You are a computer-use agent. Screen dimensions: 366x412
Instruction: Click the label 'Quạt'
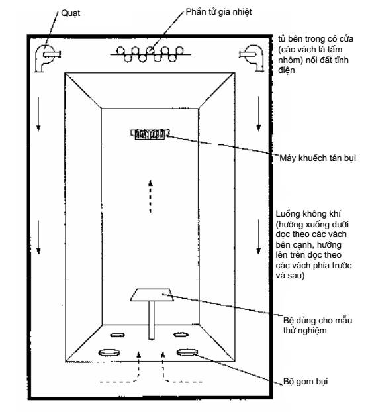click(70, 13)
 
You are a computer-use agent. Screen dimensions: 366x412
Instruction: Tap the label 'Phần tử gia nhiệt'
click(218, 12)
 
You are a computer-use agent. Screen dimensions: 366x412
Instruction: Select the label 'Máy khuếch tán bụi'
click(318, 158)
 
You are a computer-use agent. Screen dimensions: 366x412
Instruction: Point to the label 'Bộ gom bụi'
click(306, 382)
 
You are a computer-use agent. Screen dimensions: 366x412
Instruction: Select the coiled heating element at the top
click(150, 54)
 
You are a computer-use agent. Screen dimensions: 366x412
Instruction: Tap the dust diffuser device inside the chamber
click(150, 134)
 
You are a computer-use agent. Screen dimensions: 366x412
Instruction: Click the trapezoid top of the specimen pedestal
click(152, 295)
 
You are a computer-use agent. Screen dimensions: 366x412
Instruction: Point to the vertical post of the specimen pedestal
click(152, 320)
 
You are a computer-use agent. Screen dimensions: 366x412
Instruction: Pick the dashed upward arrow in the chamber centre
click(150, 196)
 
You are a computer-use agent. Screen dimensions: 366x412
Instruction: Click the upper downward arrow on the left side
click(38, 114)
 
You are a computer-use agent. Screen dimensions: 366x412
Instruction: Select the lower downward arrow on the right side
click(259, 236)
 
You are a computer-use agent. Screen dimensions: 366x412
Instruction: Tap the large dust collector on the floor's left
click(109, 352)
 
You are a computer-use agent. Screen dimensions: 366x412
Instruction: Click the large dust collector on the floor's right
click(187, 352)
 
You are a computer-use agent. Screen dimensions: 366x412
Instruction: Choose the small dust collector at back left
click(117, 335)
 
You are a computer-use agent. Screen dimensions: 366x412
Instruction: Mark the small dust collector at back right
click(181, 335)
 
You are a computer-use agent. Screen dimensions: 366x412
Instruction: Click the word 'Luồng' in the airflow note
click(288, 214)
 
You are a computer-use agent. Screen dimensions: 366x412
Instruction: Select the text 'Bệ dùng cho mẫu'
click(318, 321)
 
